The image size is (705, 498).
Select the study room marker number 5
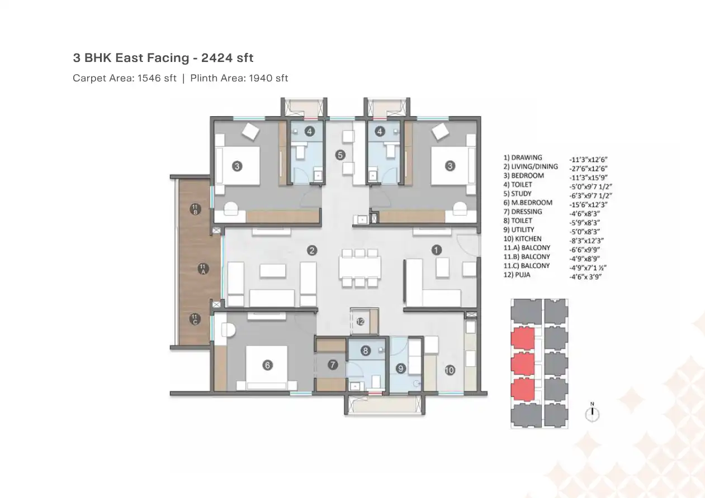(340, 155)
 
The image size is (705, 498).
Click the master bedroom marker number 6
(267, 365)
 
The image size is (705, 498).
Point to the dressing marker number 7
(333, 365)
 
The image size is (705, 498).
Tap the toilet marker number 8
(365, 351)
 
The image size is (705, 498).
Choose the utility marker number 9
(400, 368)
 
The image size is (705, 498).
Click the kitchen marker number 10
(449, 369)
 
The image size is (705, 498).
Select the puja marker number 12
(361, 322)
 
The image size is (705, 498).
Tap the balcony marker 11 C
(195, 319)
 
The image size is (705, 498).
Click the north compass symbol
(592, 413)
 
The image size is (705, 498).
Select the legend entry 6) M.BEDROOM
(528, 203)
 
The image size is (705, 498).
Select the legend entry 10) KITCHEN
(523, 238)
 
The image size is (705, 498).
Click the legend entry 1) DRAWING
(523, 157)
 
